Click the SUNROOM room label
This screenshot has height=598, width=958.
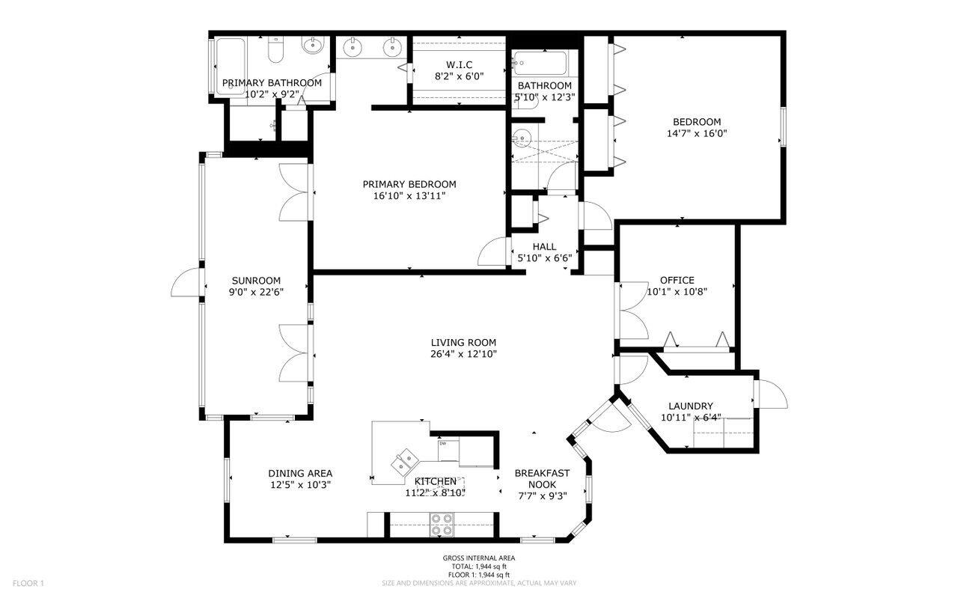255,281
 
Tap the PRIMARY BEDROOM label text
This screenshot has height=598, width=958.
409,184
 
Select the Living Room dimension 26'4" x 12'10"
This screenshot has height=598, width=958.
463,354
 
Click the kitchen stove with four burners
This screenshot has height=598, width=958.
442,523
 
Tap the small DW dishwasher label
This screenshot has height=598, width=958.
442,444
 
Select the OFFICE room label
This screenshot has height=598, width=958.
677,281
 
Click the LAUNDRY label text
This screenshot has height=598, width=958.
690,406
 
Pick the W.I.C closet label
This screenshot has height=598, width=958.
460,64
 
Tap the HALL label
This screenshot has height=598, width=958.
544,246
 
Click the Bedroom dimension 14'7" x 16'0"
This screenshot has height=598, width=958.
696,134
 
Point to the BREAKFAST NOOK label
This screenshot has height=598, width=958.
542,478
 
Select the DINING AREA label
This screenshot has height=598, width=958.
300,473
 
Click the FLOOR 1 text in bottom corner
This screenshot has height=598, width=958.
28,583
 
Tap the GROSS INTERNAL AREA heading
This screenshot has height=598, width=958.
478,558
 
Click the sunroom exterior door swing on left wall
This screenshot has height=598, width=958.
186,282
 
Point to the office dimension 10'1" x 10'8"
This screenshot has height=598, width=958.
677,292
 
